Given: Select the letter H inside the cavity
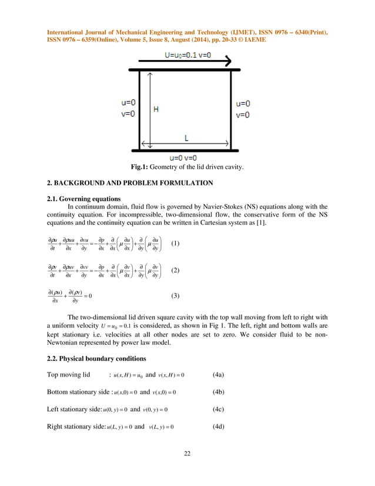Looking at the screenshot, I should click(x=156, y=109).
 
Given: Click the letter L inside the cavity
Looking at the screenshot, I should click(x=186, y=138).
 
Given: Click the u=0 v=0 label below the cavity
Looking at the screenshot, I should click(x=186, y=158).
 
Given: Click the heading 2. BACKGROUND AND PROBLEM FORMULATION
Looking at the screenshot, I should click(x=130, y=183).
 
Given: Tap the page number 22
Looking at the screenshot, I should click(x=187, y=453).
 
